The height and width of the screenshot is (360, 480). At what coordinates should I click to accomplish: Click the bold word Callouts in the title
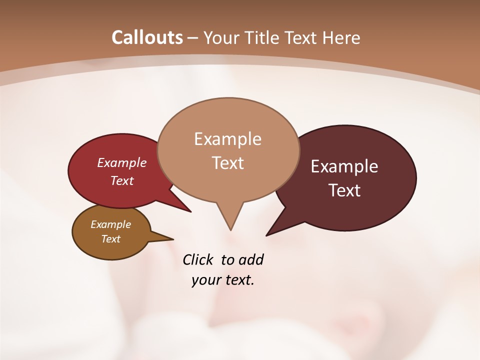click(x=147, y=37)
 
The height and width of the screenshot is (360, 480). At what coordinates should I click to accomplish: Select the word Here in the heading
click(x=341, y=37)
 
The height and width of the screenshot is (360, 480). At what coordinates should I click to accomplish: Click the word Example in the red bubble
click(x=122, y=162)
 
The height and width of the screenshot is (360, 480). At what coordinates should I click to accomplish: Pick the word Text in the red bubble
click(x=122, y=180)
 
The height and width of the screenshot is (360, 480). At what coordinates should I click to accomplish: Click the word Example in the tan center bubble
click(x=227, y=139)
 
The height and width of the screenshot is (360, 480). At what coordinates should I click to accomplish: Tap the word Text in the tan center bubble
click(x=228, y=163)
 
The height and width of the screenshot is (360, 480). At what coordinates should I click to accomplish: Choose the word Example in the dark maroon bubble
click(x=344, y=166)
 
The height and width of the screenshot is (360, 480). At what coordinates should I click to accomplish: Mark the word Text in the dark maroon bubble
click(x=345, y=190)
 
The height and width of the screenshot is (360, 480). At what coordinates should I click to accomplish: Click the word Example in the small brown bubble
click(x=110, y=224)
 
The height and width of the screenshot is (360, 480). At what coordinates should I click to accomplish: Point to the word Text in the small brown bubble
click(x=110, y=239)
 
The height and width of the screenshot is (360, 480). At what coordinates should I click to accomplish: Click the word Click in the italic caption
click(x=198, y=259)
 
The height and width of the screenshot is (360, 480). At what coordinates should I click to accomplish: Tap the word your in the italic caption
click(x=206, y=280)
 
